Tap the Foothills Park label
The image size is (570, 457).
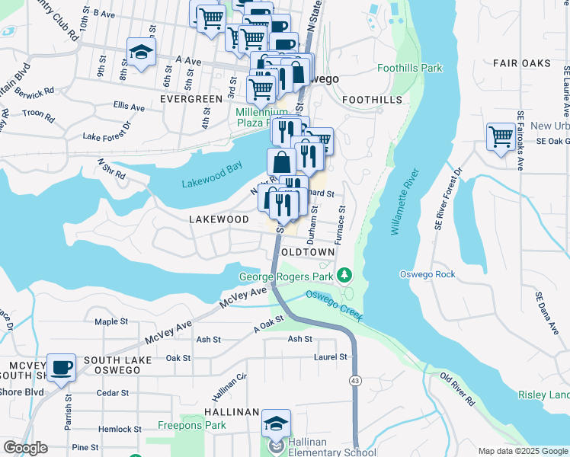coord(410,69)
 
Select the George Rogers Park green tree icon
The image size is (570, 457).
coord(345,273)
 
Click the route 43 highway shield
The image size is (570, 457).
coord(355,380)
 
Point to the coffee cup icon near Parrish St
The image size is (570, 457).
coord(61,368)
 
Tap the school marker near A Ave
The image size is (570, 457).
coord(140,53)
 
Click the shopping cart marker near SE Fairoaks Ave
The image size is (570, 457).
coord(500,138)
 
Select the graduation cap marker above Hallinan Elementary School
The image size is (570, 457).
coord(276,423)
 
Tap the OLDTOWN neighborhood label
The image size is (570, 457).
coord(308,251)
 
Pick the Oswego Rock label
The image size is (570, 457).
coord(427,274)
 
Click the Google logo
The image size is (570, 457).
coord(25,448)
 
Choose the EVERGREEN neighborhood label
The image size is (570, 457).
coord(191,99)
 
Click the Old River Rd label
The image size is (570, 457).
coord(457,389)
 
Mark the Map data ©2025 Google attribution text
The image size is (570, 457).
coord(522,451)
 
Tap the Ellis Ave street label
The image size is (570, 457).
coord(128,107)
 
